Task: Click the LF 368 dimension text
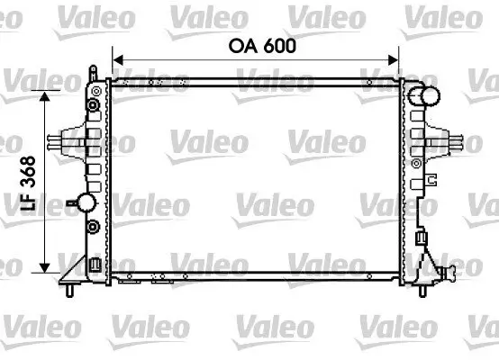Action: pyautogui.click(x=27, y=185)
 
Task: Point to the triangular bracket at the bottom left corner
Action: pyautogui.click(x=94, y=265)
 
